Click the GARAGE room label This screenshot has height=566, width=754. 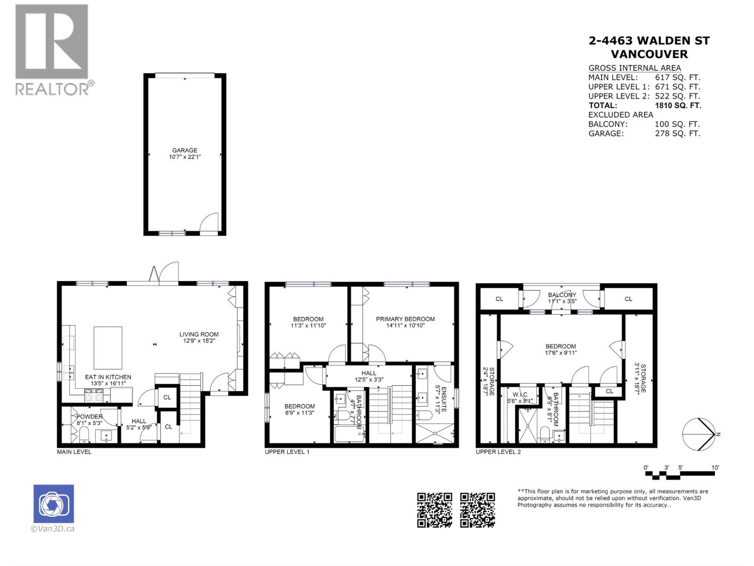tap(184, 150)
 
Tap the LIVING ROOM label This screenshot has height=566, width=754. tap(199, 334)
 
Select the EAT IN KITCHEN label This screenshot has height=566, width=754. tap(108, 377)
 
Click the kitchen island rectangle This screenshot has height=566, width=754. tap(108, 348)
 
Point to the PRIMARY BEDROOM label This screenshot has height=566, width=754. tap(405, 319)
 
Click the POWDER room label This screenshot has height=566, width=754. tap(89, 416)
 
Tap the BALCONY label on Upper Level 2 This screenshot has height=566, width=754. tap(562, 295)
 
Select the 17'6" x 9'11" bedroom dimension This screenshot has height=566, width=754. tap(561, 353)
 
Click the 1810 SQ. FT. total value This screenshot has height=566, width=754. tap(678, 105)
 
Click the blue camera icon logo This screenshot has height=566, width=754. tap(53, 504)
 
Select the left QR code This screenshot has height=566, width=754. tap(434, 510)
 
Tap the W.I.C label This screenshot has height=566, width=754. tap(520, 395)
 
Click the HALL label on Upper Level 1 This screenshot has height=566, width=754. tap(369, 373)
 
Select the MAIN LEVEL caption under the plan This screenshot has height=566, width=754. tap(74, 452)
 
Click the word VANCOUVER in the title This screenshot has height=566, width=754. tap(649, 54)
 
